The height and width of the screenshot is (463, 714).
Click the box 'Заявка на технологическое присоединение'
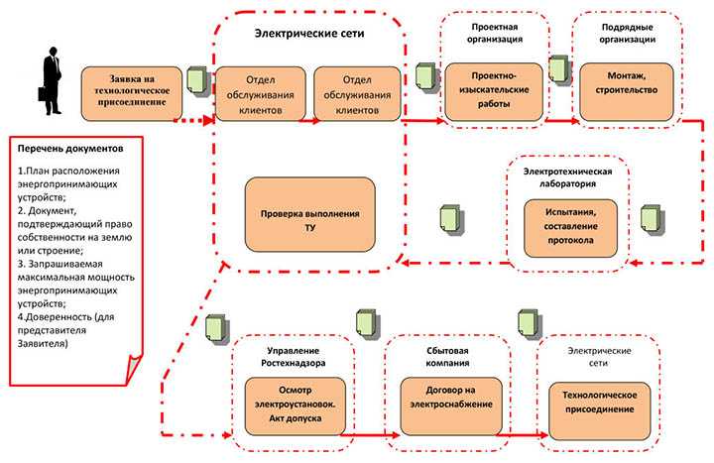point(131,89)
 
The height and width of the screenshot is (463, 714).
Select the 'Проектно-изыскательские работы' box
point(493,89)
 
